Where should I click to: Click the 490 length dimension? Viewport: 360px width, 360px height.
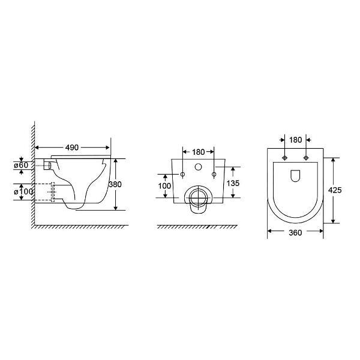pos(72,148)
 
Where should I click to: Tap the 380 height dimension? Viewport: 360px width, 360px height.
pos(115,184)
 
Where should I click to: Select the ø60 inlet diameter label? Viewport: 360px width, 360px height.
pos(21,165)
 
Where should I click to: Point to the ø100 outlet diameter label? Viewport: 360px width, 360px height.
pos(23,191)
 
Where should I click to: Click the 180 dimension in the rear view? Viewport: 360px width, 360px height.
pos(198,152)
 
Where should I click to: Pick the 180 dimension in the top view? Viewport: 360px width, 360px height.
pos(295,140)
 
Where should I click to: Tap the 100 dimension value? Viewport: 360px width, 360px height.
pos(164,186)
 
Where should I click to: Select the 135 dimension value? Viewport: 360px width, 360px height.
pos(233,183)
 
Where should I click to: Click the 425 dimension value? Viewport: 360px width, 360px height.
pos(335,190)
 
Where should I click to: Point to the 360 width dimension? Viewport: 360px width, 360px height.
pos(295,233)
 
